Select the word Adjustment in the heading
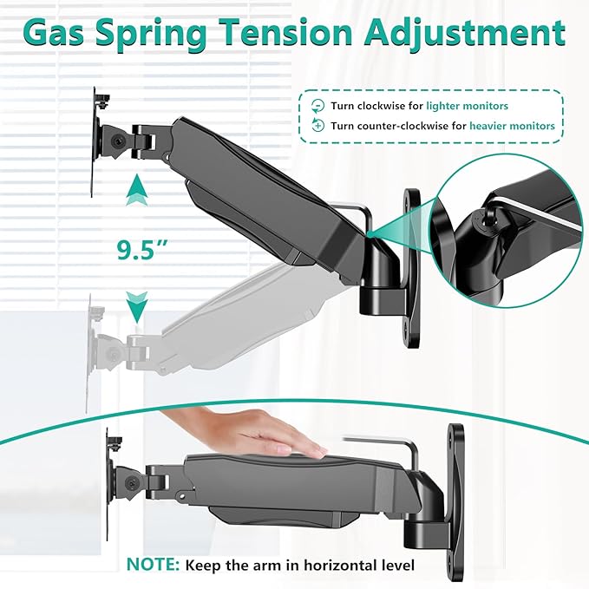point(464,33)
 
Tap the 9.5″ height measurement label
point(141,250)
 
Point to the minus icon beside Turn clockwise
point(317,106)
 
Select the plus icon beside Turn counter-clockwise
point(317,125)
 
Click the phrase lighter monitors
point(467,106)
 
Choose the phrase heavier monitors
point(512,126)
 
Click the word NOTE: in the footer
point(153,565)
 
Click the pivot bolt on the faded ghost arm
point(111,353)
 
